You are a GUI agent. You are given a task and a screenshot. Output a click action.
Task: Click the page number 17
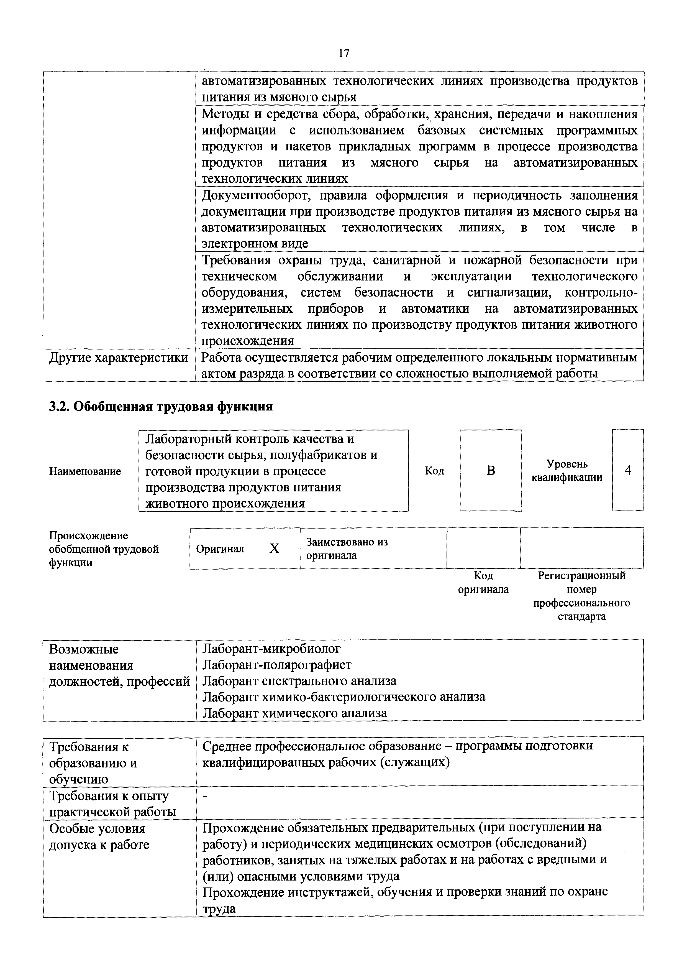(343, 53)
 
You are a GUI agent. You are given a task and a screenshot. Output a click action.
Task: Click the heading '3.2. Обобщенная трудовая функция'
(161, 406)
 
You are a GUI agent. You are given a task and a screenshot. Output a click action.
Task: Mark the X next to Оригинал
(275, 549)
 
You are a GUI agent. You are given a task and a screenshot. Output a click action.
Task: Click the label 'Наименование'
(85, 471)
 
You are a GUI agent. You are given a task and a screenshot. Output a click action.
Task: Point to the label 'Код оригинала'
(483, 583)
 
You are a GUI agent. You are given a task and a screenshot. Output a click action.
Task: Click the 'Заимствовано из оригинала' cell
(347, 549)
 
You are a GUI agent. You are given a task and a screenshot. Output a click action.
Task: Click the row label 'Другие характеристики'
(119, 358)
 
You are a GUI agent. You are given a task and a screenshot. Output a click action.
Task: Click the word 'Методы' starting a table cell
(225, 114)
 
